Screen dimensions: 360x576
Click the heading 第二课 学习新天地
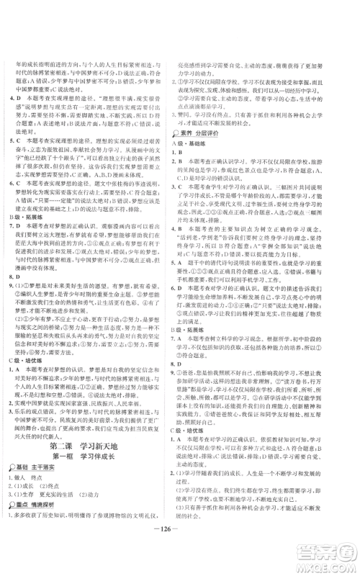(93, 411)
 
